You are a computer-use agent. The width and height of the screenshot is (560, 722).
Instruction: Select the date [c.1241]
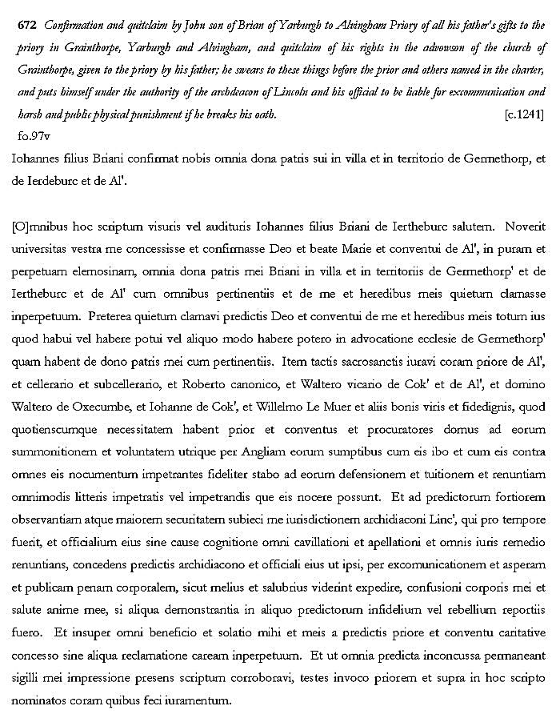coord(524,115)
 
